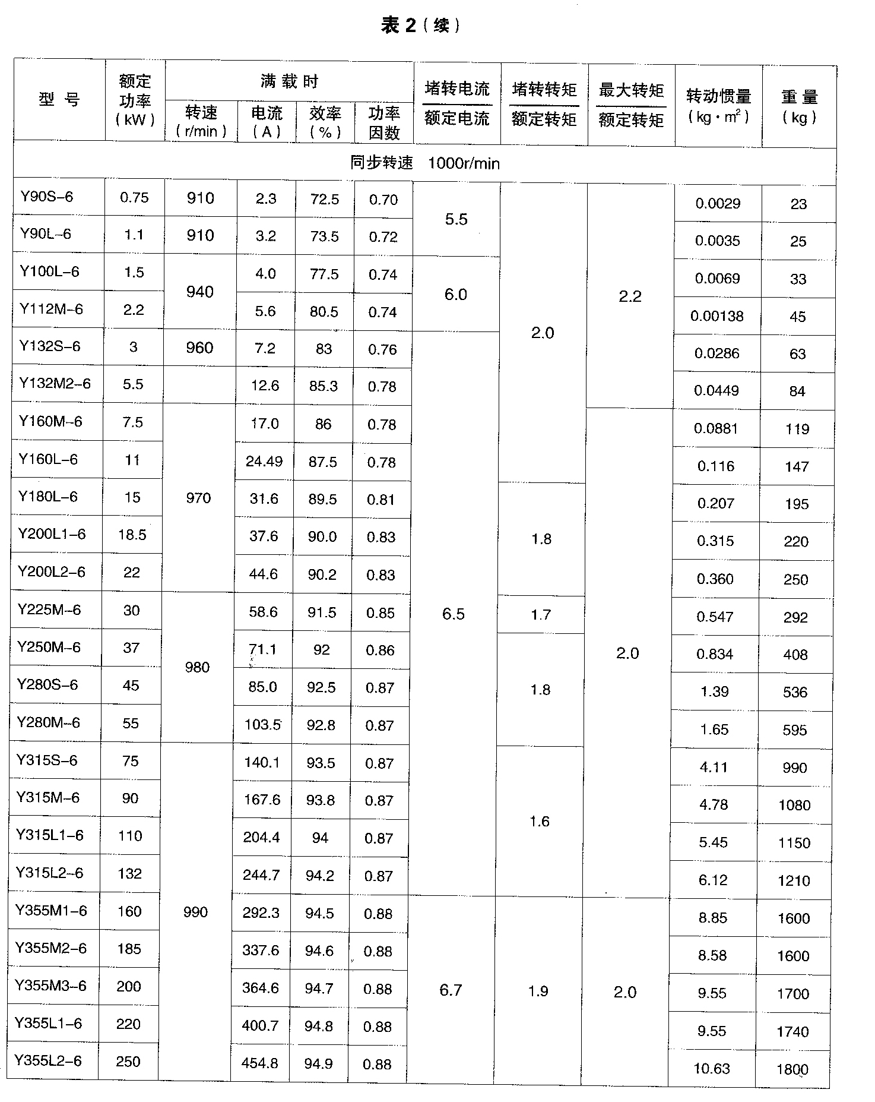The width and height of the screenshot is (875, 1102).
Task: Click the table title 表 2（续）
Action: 420,25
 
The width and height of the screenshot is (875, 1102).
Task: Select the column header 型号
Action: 59,99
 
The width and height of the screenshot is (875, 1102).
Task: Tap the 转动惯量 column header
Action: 719,105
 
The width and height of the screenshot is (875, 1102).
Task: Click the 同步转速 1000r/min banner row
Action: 424,163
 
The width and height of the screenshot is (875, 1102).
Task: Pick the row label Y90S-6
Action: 47,197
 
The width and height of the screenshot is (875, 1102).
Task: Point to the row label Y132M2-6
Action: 55,383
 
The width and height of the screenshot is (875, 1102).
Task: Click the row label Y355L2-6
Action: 48,1060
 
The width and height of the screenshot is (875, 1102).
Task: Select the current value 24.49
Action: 264,461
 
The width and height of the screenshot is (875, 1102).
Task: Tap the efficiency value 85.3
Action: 324,386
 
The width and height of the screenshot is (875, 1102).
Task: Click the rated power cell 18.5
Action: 132,535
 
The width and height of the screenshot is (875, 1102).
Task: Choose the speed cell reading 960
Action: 199,348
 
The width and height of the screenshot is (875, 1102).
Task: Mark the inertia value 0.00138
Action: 717,316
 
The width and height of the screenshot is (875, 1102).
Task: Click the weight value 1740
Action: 792,1032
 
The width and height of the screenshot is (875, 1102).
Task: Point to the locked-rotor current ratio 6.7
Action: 451,990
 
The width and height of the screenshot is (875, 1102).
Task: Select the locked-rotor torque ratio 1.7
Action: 541,614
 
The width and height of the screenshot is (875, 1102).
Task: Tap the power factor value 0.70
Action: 383,200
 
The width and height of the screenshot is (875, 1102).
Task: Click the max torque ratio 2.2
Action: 630,296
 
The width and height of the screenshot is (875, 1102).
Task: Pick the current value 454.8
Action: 260,1063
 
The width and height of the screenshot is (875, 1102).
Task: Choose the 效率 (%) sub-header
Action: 325,122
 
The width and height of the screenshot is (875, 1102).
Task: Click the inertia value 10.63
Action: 711,1069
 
